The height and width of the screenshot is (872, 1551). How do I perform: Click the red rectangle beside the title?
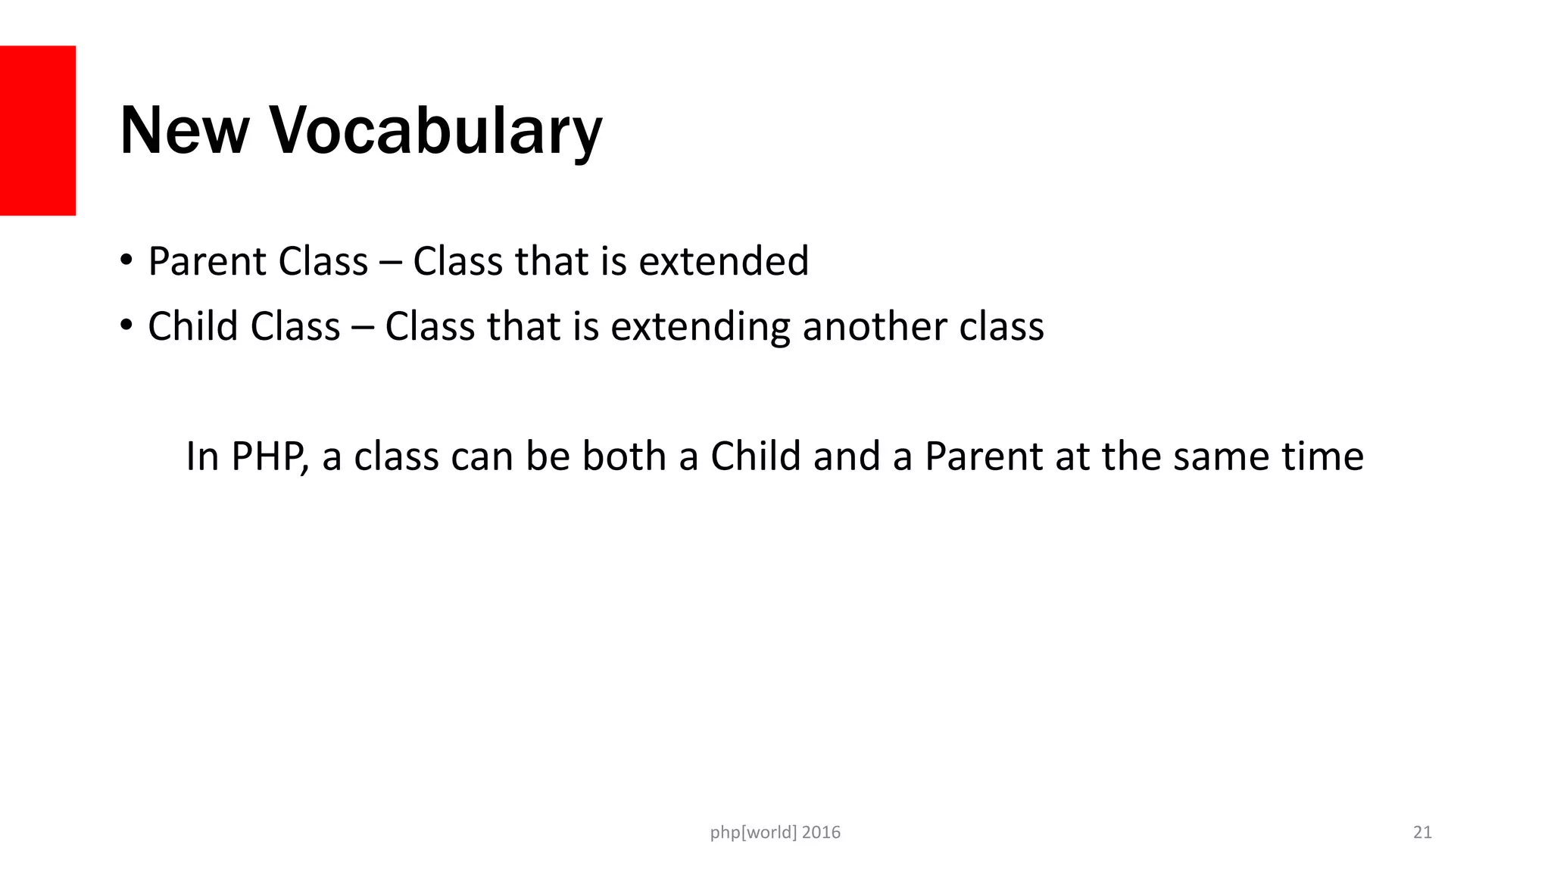pos(37,130)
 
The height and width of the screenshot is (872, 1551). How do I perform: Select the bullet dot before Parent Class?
pos(126,260)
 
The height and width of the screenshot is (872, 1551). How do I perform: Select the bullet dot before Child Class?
pos(126,325)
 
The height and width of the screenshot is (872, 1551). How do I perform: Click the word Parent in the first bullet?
pos(207,262)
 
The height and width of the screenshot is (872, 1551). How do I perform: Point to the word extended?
pos(723,261)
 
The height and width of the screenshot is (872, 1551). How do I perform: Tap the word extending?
pos(700,328)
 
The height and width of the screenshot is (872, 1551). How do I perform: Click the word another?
pos(874,326)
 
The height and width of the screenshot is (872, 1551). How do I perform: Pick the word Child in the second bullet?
pos(192,326)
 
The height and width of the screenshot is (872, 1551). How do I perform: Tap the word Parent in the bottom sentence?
pos(984,456)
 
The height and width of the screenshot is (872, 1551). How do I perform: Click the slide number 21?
pos(1422,833)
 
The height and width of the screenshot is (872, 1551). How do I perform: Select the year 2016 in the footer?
pos(821,833)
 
